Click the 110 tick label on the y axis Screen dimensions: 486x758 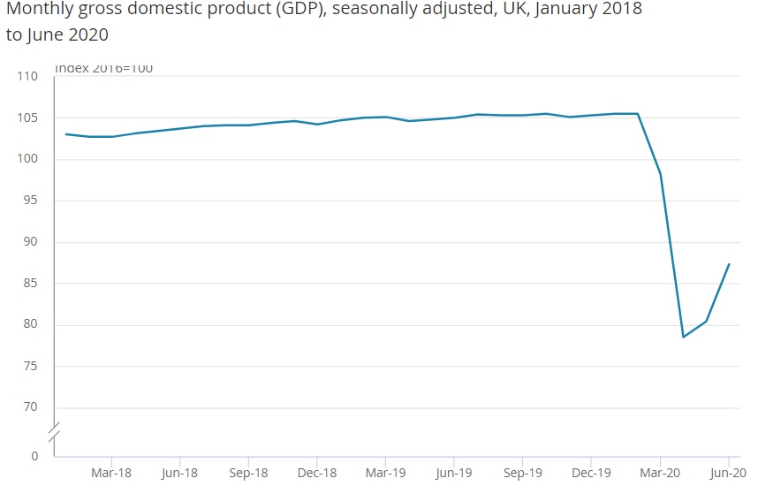(28, 77)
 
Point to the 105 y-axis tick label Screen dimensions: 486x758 (28, 118)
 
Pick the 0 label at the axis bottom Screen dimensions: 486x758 (34, 456)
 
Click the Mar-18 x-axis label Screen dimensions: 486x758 (111, 472)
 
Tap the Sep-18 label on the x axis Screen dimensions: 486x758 (248, 472)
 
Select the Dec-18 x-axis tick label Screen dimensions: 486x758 (316, 472)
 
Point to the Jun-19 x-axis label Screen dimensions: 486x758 (453, 472)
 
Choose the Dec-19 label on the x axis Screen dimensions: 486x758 (590, 472)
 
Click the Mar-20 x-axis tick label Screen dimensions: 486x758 (659, 472)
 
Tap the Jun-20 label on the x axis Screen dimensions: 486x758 (728, 472)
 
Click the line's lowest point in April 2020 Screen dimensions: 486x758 (683, 337)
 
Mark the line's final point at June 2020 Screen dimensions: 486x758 (729, 263)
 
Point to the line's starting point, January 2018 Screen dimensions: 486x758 (66, 134)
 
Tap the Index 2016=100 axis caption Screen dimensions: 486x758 (104, 68)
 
